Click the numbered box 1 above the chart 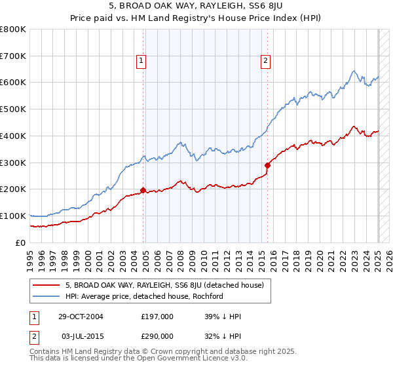[141, 62]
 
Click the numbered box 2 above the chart [265, 62]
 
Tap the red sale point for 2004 [143, 190]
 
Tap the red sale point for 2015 [267, 165]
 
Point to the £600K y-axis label [13, 83]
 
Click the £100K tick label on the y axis [13, 216]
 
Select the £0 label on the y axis [20, 242]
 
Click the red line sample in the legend [47, 285]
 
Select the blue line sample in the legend [47, 296]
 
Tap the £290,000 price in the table [157, 336]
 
